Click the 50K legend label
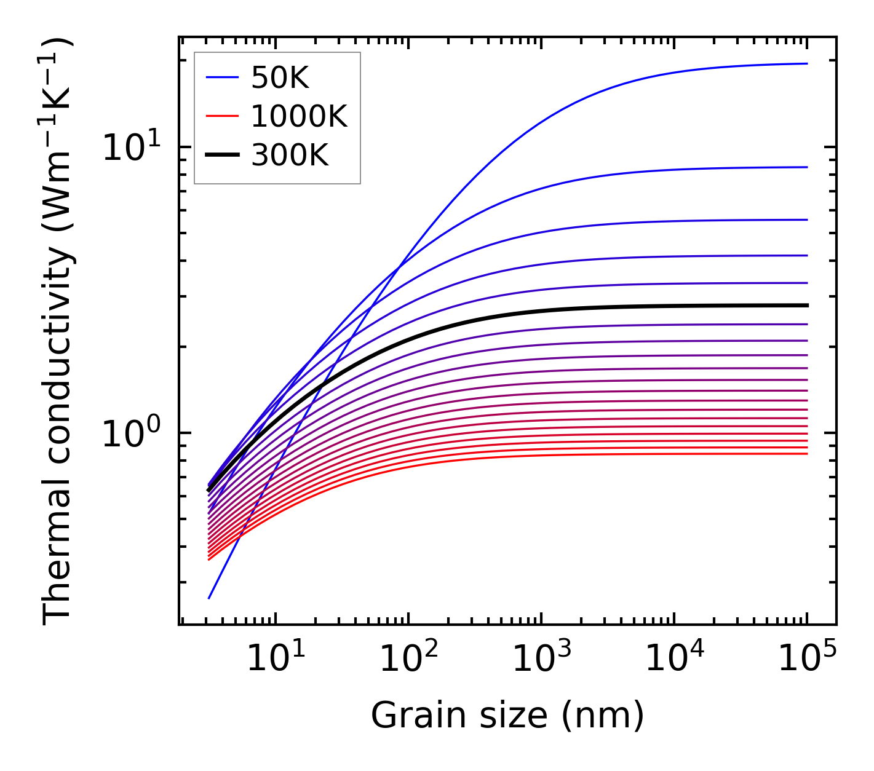click(280, 78)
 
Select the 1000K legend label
click(299, 117)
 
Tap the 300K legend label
click(290, 156)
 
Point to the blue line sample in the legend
click(221, 78)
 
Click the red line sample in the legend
click(221, 117)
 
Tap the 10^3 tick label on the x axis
click(541, 659)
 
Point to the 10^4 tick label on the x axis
click(673, 659)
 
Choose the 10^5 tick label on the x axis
click(806, 659)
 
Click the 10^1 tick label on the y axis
click(132, 148)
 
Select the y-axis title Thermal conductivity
click(58, 332)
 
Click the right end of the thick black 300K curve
click(806, 305)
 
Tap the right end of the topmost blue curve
click(806, 63)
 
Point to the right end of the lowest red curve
click(806, 454)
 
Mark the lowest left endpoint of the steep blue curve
click(209, 598)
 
